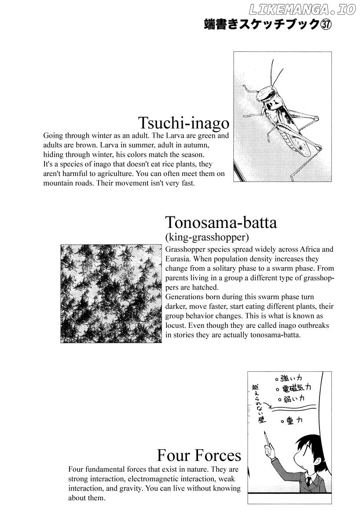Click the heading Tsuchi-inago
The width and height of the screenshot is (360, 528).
(x=184, y=122)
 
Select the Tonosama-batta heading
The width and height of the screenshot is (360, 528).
(x=220, y=223)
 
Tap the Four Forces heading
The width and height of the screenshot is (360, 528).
(x=199, y=455)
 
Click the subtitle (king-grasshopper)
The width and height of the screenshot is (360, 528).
(x=207, y=238)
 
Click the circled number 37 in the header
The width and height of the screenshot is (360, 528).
(x=325, y=25)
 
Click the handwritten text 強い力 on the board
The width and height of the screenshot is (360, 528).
(x=292, y=378)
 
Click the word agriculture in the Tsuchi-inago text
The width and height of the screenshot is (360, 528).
(x=103, y=173)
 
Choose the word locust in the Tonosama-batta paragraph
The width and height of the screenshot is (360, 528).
(x=176, y=326)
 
